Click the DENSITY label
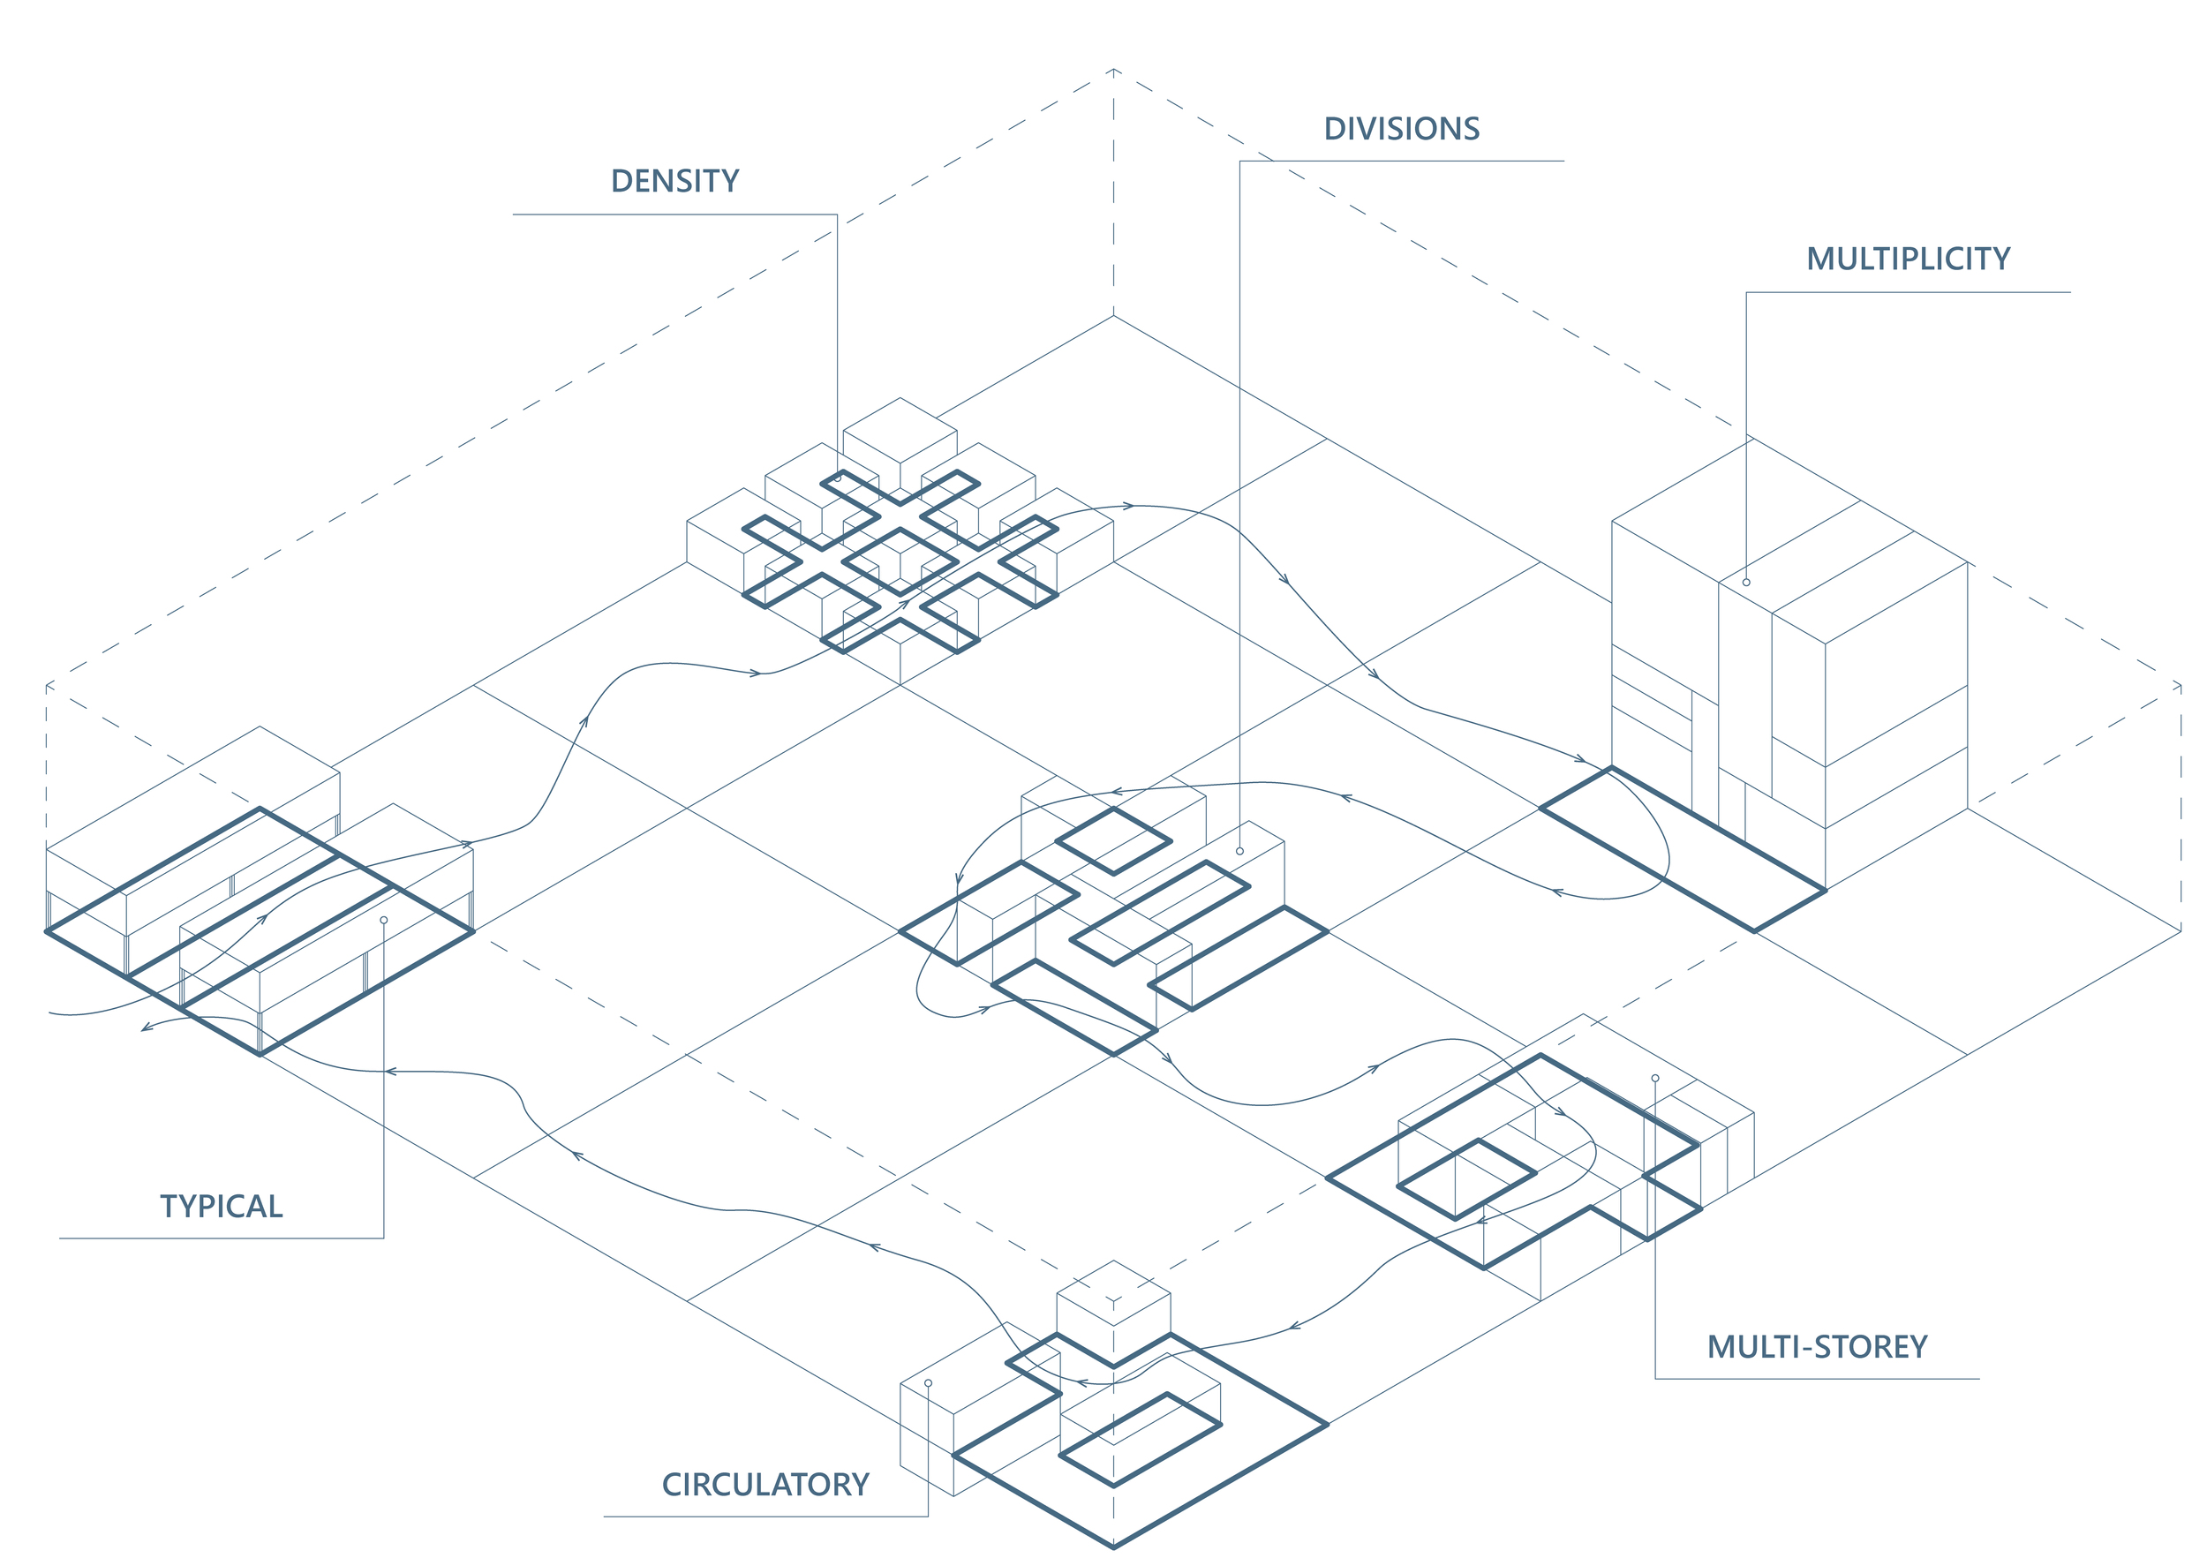(674, 181)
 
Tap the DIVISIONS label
(1402, 129)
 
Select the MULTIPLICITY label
(1908, 259)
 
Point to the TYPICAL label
(221, 1206)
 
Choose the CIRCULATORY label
(765, 1484)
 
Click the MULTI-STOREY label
(1817, 1346)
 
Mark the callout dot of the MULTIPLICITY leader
(1746, 583)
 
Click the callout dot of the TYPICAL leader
(383, 920)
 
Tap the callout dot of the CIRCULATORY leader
(928, 1383)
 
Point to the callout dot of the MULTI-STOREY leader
(1655, 1079)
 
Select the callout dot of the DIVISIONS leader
(1240, 852)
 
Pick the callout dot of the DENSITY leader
(838, 478)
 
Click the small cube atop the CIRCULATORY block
(1113, 1302)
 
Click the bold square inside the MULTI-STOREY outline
(1465, 1179)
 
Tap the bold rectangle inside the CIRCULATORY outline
(1140, 1439)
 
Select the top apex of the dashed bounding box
(1114, 69)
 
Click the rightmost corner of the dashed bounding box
(2181, 684)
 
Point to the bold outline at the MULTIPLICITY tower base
(1682, 848)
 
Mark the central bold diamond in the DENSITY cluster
(900, 561)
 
